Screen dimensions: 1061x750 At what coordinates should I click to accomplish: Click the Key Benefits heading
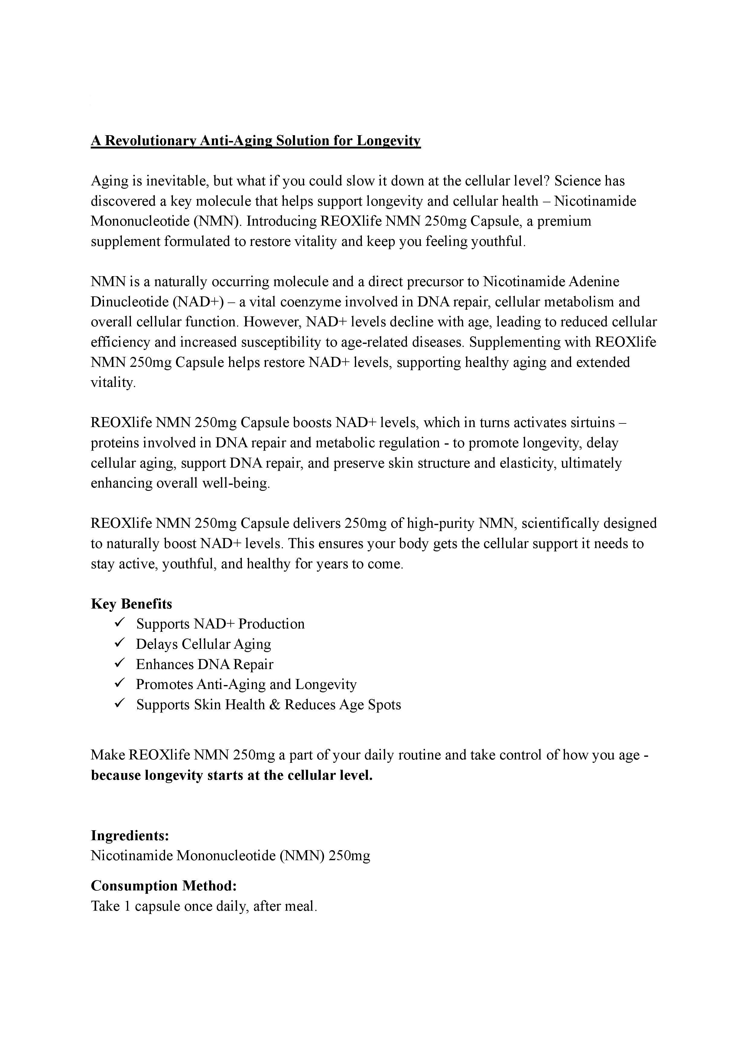coord(131,604)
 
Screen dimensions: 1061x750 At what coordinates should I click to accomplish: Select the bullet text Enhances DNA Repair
coord(205,664)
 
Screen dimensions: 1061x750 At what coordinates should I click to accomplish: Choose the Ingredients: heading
coord(130,835)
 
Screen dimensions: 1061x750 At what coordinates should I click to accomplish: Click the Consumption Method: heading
coord(164,886)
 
